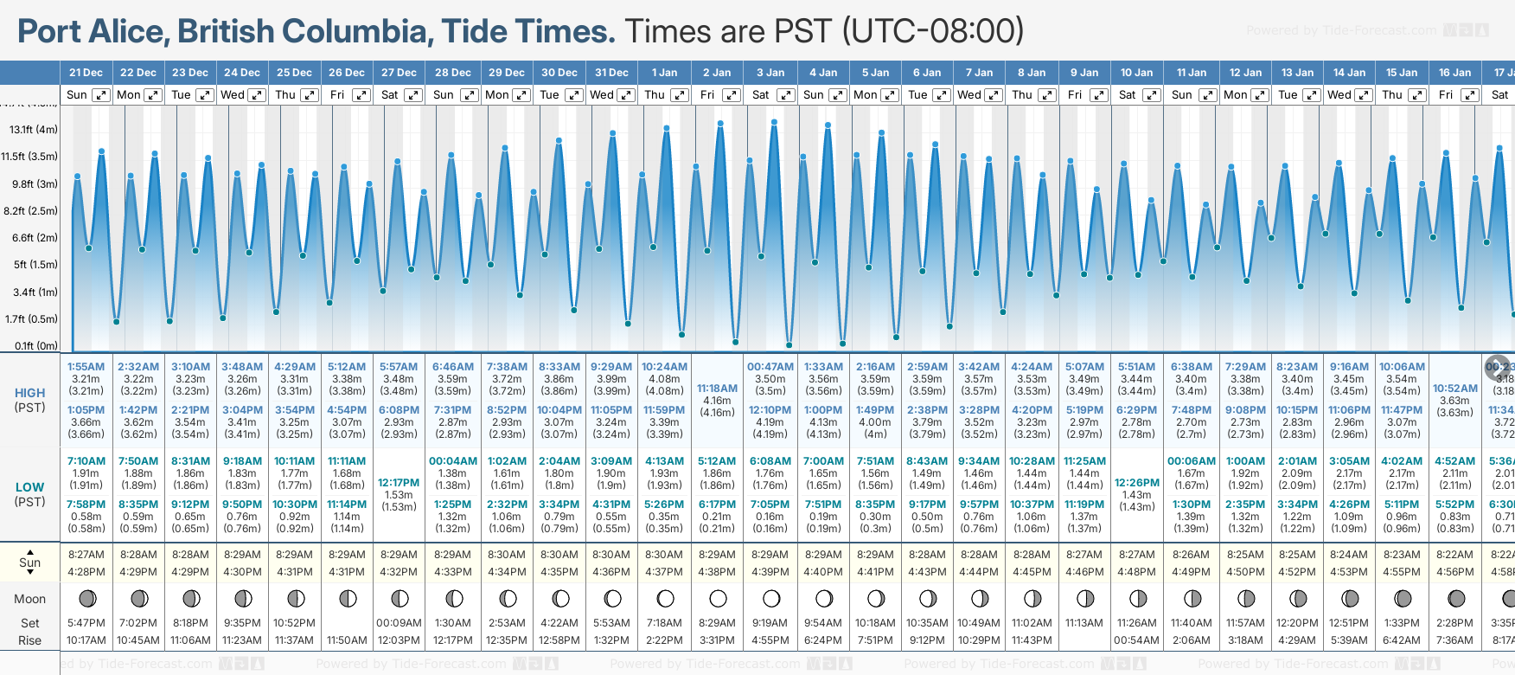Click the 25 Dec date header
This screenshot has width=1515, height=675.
294,73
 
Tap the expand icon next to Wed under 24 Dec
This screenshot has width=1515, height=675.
257,95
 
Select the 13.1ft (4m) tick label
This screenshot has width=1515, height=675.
34,130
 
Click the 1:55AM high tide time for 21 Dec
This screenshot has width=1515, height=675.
86,367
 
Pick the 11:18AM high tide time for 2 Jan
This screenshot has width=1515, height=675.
717,389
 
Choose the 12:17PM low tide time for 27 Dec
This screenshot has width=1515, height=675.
399,483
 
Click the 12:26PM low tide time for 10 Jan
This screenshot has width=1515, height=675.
1137,483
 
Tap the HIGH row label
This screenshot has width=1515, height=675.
30,393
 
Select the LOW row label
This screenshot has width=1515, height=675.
30,487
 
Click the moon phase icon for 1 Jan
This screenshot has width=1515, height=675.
665,598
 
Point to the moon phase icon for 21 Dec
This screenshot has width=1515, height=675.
86,598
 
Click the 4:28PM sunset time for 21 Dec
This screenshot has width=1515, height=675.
86,572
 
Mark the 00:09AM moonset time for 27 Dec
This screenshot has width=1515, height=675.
399,623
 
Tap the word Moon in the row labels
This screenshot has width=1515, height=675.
30,599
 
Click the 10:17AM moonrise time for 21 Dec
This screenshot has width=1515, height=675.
86,640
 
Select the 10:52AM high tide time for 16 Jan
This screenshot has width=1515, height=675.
1455,389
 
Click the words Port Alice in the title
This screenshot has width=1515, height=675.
90,31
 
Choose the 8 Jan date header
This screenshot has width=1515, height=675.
1032,73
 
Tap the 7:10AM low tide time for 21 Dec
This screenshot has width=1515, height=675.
86,461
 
